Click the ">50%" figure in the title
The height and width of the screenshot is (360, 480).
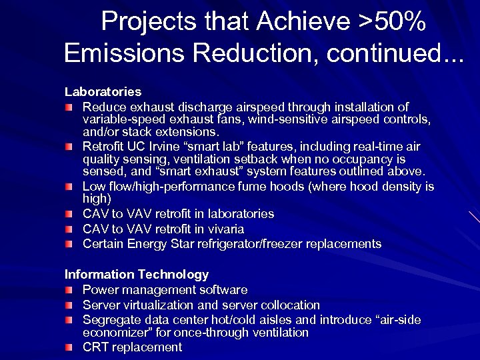point(393,22)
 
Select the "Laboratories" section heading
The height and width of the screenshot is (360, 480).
point(103,91)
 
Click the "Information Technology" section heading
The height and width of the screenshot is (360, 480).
point(136,274)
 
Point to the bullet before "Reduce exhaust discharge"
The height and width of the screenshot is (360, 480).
point(69,107)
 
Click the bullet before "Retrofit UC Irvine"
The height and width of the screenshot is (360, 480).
point(69,147)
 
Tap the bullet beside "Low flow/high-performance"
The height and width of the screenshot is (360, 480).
point(69,187)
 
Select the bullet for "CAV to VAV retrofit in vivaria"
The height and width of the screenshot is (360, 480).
point(69,229)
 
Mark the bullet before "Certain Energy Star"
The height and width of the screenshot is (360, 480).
point(69,244)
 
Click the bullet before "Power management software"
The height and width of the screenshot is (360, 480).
point(69,291)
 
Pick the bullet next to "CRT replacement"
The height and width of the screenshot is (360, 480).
point(69,347)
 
